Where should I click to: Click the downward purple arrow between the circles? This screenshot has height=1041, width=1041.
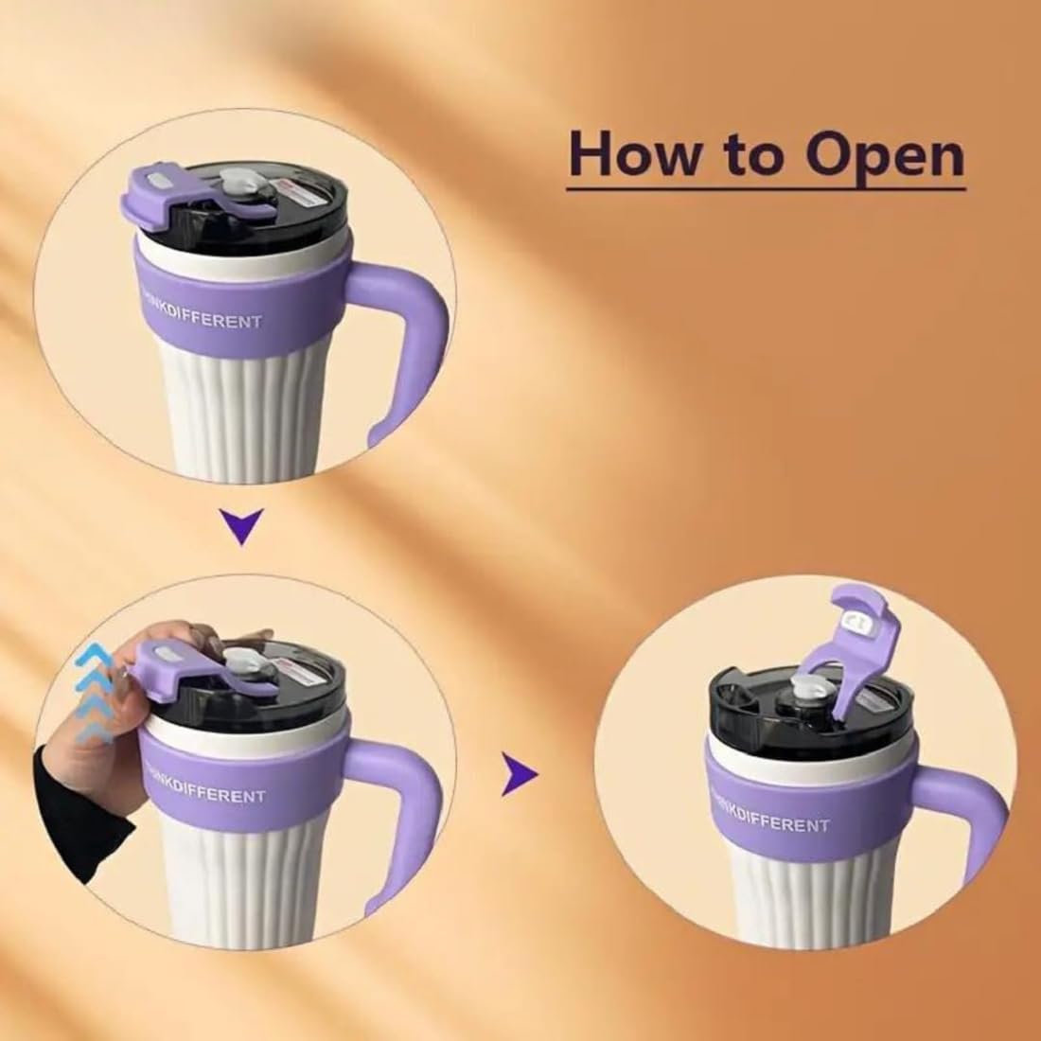tap(244, 526)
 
